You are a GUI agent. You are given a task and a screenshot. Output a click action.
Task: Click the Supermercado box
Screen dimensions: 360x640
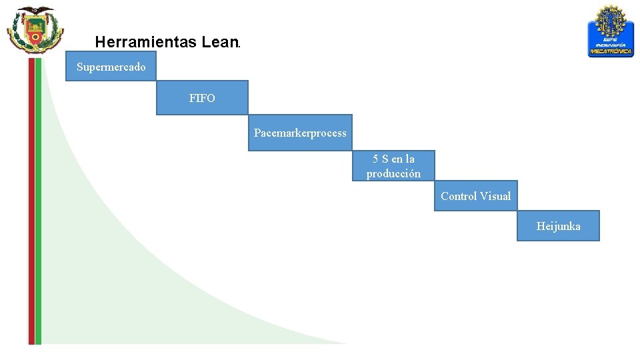point(111,67)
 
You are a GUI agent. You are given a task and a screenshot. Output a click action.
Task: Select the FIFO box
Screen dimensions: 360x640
point(202,98)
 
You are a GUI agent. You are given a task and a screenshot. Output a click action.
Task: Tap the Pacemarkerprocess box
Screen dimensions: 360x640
point(300,133)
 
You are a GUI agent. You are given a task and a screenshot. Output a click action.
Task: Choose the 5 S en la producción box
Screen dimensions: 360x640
point(393,165)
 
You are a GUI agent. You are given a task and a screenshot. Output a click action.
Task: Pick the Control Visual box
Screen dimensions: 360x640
point(475,196)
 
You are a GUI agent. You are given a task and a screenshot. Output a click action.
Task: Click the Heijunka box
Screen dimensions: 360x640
point(558,226)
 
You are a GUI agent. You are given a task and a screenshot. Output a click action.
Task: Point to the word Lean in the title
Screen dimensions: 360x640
point(218,43)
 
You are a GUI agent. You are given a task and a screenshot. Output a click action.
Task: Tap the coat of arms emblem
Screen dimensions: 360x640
point(35,30)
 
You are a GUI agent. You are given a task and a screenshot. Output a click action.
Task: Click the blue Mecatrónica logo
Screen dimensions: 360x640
point(611,31)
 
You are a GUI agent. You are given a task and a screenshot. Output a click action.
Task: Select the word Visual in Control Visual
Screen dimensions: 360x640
point(495,196)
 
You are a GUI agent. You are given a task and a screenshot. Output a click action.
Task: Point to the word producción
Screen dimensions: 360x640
point(393,173)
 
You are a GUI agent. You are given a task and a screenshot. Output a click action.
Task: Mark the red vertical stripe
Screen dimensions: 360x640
point(31,200)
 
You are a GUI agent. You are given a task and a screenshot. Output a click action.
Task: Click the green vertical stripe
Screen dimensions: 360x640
point(38,200)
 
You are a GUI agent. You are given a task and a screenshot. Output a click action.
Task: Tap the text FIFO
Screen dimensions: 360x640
point(202,98)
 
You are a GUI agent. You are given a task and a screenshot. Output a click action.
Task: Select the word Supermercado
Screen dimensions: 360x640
point(111,67)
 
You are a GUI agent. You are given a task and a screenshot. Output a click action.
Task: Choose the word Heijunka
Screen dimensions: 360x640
point(558,226)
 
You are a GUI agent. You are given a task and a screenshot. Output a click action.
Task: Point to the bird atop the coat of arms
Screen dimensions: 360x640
point(35,11)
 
